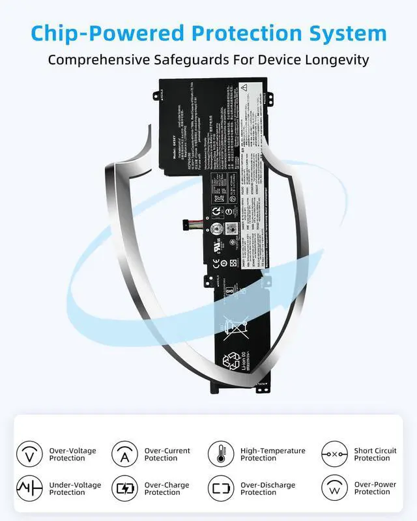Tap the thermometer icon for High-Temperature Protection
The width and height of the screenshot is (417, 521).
tap(221, 454)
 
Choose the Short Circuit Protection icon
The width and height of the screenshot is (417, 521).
tap(334, 454)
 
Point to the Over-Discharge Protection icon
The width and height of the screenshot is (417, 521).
tap(221, 488)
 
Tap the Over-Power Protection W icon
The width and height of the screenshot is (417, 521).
tap(334, 488)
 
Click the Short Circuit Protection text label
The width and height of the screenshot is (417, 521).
tap(375, 454)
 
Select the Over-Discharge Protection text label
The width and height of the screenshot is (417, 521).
tap(268, 488)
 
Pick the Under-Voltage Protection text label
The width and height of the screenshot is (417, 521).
tap(76, 488)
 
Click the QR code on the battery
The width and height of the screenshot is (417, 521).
tap(230, 229)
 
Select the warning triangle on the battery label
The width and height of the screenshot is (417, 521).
tap(244, 87)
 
